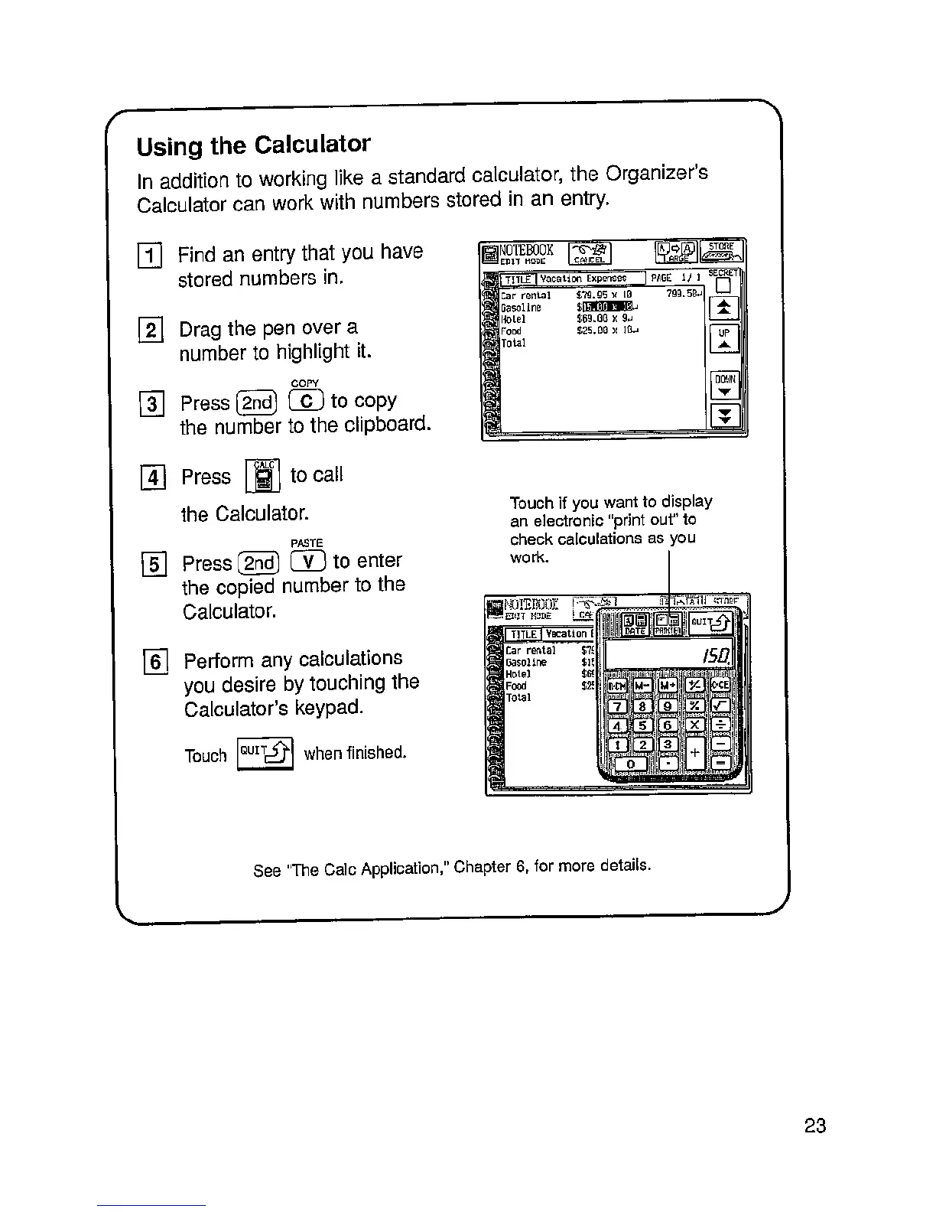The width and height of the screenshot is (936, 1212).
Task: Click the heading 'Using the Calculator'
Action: (253, 145)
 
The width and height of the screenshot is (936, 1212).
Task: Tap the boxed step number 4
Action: (154, 477)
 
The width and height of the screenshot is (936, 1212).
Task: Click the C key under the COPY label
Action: (307, 401)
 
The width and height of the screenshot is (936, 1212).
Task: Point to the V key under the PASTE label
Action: (309, 562)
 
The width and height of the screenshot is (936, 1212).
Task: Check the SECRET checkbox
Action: (723, 285)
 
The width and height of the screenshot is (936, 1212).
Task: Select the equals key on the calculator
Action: (720, 763)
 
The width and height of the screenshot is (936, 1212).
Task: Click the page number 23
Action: (815, 1126)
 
